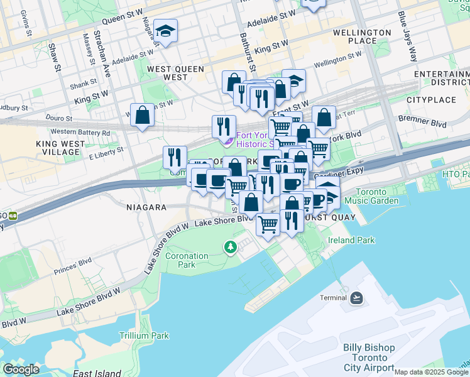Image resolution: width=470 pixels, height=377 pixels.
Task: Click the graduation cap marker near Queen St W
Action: point(165,31)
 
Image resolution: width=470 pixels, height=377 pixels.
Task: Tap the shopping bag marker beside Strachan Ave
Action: point(143,115)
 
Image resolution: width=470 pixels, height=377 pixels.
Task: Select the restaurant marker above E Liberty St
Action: point(175,158)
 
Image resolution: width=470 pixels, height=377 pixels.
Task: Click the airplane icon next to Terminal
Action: point(357,297)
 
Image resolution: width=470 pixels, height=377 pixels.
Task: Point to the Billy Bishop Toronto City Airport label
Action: point(369,358)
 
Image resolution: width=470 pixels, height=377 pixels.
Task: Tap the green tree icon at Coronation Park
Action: point(231,247)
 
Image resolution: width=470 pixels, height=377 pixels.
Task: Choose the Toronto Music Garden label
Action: point(377,196)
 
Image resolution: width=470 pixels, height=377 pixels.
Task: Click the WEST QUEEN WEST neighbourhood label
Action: point(167,72)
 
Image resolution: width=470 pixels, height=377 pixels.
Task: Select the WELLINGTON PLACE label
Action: point(363,36)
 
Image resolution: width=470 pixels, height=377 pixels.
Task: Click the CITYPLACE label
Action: point(431,100)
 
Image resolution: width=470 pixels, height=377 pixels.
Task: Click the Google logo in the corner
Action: point(21,369)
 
